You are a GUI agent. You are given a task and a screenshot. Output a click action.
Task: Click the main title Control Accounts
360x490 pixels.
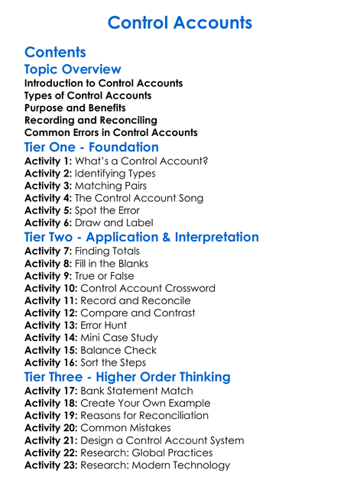[180, 22]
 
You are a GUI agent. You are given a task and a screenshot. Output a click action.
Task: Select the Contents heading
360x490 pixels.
[55, 53]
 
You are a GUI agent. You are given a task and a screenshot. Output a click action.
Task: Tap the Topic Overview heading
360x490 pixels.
[73, 70]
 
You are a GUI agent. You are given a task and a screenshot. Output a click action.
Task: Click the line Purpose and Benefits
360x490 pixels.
[75, 108]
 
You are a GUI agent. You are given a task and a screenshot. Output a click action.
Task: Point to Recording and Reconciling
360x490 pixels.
[91, 120]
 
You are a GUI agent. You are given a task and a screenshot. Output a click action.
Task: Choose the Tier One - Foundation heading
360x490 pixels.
[92, 147]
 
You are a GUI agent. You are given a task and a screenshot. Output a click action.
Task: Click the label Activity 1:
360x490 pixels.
[47, 161]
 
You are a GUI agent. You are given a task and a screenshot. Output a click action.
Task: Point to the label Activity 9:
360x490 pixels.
[47, 276]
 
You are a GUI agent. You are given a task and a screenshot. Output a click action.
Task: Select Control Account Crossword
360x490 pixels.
[148, 288]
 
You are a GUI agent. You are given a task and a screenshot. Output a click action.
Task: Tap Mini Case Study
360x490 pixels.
[119, 337]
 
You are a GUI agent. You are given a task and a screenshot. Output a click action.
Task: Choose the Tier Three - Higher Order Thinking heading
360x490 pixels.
[127, 377]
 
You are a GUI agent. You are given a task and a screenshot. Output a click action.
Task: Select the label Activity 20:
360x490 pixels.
[50, 427]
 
